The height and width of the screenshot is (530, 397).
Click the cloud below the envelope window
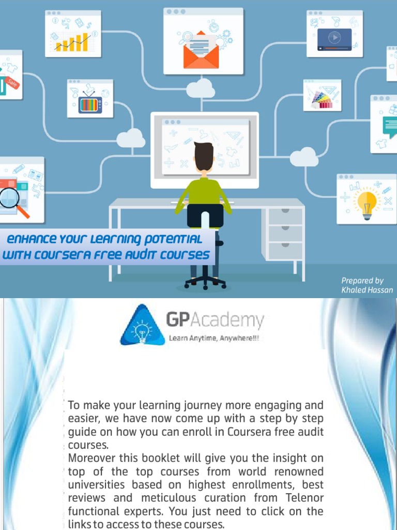[x=201, y=88]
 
